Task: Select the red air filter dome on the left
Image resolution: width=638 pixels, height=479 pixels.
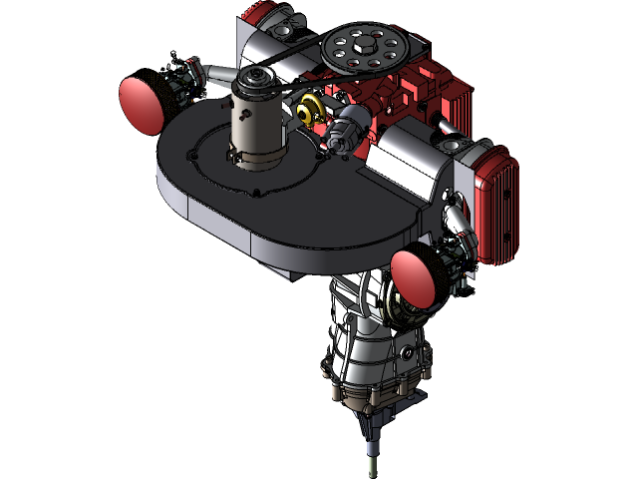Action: pos(141,103)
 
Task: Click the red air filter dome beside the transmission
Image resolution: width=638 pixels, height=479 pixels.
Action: pos(411,277)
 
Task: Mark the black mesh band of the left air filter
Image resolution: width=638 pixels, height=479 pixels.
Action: pos(164,94)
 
